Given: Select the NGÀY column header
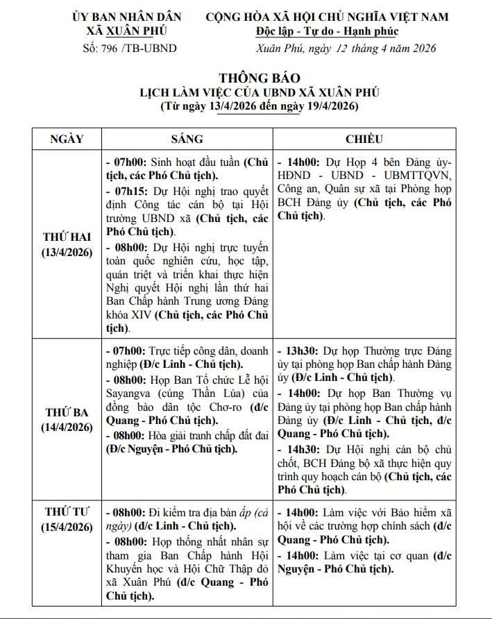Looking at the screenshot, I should [x=67, y=139].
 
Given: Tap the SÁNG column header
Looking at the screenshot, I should [x=187, y=139].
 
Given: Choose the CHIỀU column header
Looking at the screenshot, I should [x=364, y=139].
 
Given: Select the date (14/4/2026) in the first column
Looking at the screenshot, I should [x=67, y=427].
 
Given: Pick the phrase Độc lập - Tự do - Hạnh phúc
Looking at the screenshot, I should [x=327, y=32].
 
